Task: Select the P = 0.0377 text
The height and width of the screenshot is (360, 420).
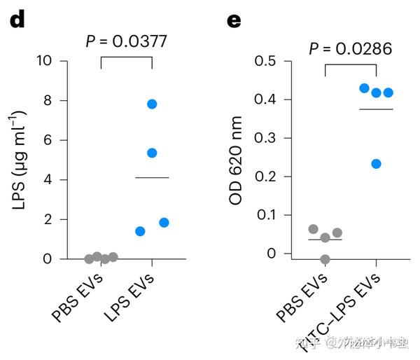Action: click(126, 41)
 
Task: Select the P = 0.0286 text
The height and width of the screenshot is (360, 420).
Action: click(351, 48)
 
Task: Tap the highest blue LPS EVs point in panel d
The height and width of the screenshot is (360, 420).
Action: click(152, 104)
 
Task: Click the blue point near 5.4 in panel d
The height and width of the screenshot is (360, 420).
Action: click(152, 153)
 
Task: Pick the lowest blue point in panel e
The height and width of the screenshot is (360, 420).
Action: click(376, 164)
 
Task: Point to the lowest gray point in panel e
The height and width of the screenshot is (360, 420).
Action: click(325, 259)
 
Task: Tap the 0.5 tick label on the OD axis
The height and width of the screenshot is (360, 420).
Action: click(265, 61)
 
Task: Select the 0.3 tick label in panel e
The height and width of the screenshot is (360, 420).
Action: click(265, 138)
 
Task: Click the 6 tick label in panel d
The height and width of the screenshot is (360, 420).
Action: click(48, 140)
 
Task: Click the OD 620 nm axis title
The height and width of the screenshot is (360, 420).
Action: click(237, 160)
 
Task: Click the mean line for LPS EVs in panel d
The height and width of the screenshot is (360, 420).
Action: click(152, 178)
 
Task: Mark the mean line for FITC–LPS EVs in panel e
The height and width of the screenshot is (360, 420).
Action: click(376, 109)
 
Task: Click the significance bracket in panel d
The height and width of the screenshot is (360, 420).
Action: click(127, 58)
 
